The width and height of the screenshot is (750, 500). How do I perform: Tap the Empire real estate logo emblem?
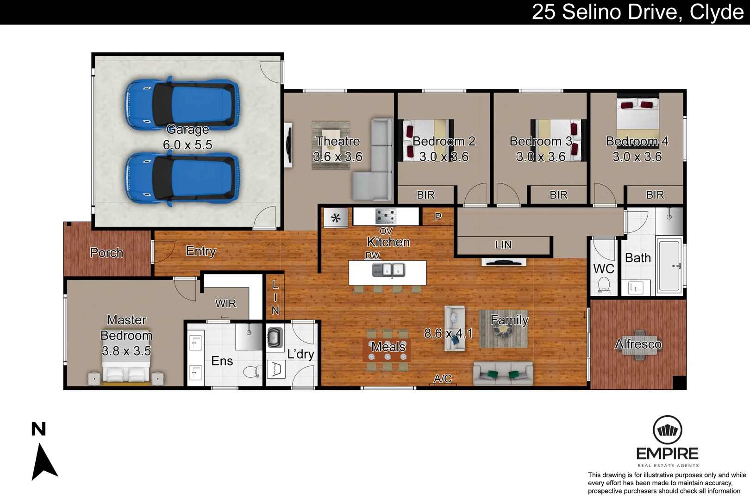click(x=667, y=430)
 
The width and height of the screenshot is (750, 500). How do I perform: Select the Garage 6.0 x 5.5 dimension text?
click(x=187, y=145)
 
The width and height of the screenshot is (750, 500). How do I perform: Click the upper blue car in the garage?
click(x=182, y=104)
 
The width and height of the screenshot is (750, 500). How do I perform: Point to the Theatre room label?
click(x=338, y=141)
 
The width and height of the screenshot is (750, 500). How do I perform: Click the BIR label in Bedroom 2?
click(x=425, y=195)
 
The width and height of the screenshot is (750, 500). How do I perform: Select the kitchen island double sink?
click(x=388, y=270)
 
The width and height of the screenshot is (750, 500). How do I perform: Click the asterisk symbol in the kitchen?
click(x=336, y=218)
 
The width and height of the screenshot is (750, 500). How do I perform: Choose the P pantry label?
click(x=438, y=217)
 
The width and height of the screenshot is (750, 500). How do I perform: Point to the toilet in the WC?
click(x=604, y=285)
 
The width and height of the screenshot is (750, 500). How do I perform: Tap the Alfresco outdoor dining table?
click(x=639, y=344)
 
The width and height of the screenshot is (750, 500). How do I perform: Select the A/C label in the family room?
click(x=443, y=379)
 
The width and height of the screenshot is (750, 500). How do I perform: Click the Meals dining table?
click(x=387, y=350)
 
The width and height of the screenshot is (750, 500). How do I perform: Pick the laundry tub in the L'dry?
click(x=275, y=337)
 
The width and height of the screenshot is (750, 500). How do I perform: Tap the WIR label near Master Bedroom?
click(x=225, y=304)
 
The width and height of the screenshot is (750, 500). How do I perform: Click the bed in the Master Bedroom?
click(x=126, y=372)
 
